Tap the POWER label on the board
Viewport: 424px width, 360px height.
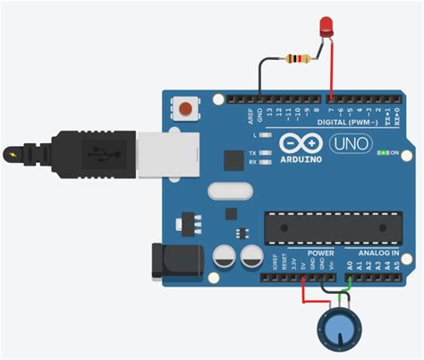tap(294, 253)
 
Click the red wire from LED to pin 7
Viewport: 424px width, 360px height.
tap(331, 72)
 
